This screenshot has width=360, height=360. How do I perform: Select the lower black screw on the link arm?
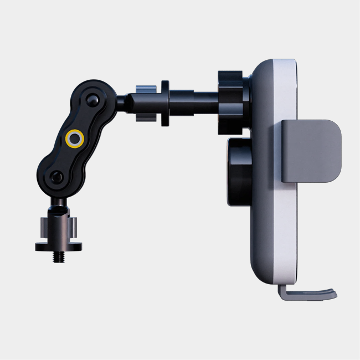click(x=56, y=177)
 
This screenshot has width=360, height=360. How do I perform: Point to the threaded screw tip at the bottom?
click(x=58, y=256)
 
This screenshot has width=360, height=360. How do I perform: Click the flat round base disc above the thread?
click(x=57, y=246)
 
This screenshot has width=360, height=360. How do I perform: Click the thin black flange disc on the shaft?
click(x=165, y=103)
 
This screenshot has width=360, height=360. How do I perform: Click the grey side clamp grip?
click(x=311, y=150)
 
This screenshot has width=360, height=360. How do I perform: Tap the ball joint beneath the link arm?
click(x=58, y=203)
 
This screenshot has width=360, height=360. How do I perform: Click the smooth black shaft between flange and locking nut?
click(x=194, y=103)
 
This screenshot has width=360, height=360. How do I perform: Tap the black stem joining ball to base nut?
click(x=58, y=213)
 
